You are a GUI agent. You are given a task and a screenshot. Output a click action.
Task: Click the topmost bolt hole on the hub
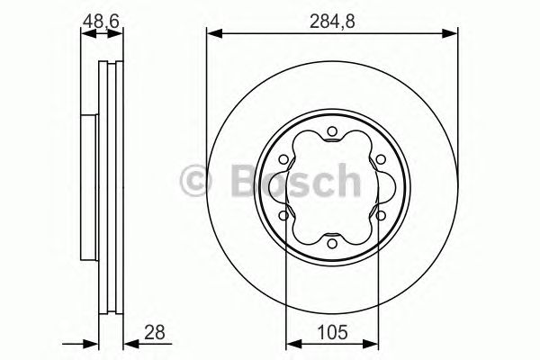pyautogui.click(x=332, y=135)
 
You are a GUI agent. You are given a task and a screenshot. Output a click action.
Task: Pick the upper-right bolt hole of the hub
pyautogui.click(x=379, y=161)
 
